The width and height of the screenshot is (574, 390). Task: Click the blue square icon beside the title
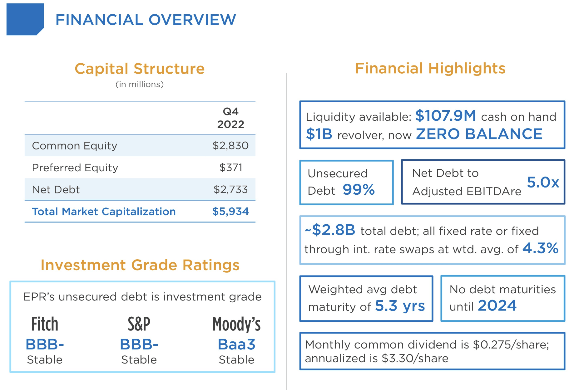pyautogui.click(x=25, y=19)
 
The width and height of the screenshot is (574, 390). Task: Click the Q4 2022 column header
pyautogui.click(x=230, y=118)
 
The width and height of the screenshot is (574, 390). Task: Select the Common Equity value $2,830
pyautogui.click(x=230, y=146)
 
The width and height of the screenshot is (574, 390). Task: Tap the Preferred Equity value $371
pyautogui.click(x=231, y=168)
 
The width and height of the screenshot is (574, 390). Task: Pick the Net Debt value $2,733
pyautogui.click(x=230, y=189)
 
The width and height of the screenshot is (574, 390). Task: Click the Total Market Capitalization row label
pyautogui.click(x=104, y=212)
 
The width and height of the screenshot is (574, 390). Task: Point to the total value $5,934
pyautogui.click(x=230, y=212)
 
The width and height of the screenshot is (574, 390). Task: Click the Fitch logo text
pyautogui.click(x=45, y=324)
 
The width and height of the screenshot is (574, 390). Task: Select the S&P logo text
pyautogui.click(x=139, y=324)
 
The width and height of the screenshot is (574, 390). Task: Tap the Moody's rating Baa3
pyautogui.click(x=236, y=345)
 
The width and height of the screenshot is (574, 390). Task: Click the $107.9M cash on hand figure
pyautogui.click(x=446, y=116)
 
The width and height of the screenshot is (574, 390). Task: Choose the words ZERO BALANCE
pyautogui.click(x=479, y=134)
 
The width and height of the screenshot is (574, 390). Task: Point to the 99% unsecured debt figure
pyautogui.click(x=359, y=190)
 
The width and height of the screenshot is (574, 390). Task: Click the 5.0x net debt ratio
pyautogui.click(x=543, y=182)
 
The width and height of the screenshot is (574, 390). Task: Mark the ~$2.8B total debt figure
pyautogui.click(x=330, y=230)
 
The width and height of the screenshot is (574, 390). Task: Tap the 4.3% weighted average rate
pyautogui.click(x=540, y=248)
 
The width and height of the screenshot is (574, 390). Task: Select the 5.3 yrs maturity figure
pyautogui.click(x=400, y=306)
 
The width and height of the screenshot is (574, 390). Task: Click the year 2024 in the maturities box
pyautogui.click(x=497, y=306)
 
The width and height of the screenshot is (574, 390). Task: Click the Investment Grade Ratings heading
pyautogui.click(x=140, y=265)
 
